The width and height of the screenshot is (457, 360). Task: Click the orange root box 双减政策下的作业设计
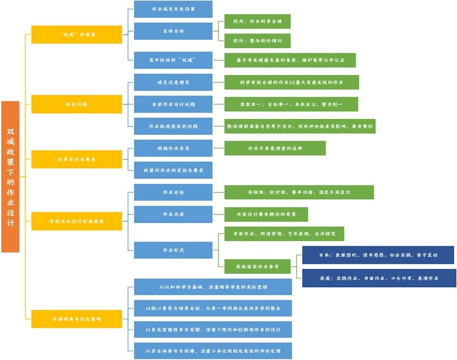11,176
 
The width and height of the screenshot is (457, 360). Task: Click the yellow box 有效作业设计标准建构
76,220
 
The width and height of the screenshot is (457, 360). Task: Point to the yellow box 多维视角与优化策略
76,318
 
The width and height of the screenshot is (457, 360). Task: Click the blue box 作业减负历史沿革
173,9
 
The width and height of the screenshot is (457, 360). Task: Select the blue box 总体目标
173,30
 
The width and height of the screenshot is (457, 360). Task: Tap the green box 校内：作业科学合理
257,22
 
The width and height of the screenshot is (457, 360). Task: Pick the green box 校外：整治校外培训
257,40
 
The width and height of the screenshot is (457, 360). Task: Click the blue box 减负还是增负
173,82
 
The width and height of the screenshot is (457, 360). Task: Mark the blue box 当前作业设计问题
173,104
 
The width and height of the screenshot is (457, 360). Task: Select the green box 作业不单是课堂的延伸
275,148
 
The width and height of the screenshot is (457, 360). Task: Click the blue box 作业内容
173,214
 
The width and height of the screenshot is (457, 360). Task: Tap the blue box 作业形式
173,250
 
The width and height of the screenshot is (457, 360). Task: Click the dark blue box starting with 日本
378,255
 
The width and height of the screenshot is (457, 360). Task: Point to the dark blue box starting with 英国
378,278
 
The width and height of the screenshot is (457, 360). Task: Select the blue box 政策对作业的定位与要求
173,170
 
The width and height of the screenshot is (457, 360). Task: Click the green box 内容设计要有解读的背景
266,214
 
